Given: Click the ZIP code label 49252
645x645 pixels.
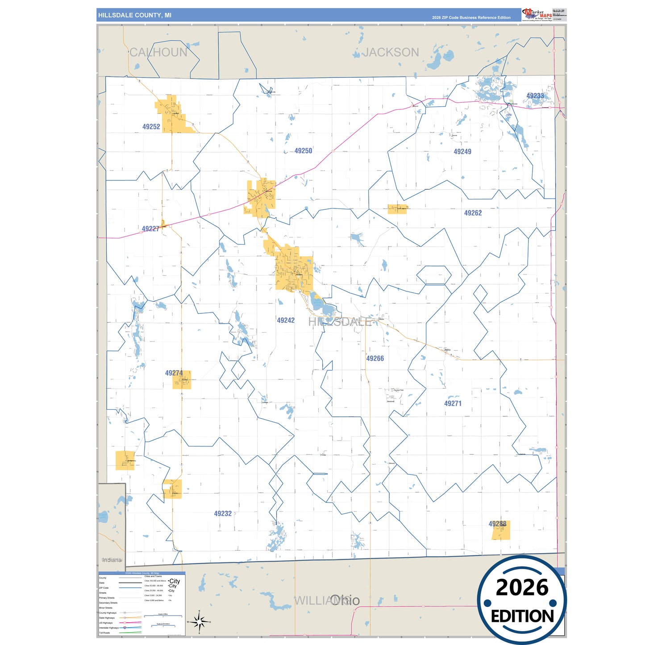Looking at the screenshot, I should point(151,127).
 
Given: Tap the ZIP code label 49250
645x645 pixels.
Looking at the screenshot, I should point(303,151).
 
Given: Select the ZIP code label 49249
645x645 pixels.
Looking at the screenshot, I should point(462,152).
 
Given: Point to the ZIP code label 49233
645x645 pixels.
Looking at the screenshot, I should point(535,96).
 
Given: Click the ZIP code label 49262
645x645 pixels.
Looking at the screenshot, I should point(473,213).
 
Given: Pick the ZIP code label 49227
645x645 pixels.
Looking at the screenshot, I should point(150,229).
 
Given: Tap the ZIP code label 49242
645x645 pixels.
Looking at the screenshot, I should point(286,320).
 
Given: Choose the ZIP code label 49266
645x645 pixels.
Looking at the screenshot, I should point(375,358).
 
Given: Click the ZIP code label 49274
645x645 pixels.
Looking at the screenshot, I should point(174,373).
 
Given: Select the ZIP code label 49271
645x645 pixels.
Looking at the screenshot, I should point(453,404).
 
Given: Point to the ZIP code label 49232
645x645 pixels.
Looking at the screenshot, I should point(223,514).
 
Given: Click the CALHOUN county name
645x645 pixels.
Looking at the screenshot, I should point(158,53).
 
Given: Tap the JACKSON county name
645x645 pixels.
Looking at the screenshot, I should point(391,53).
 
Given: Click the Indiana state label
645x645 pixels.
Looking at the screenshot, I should point(111,560).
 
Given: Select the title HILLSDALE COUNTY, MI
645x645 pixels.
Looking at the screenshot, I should point(135,15).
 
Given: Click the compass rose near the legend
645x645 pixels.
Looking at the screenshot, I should point(199,621).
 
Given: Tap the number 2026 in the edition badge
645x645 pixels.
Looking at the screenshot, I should point(522,587).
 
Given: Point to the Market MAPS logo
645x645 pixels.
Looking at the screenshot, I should point(537,14).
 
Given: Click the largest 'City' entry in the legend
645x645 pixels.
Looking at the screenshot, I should point(175,581).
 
